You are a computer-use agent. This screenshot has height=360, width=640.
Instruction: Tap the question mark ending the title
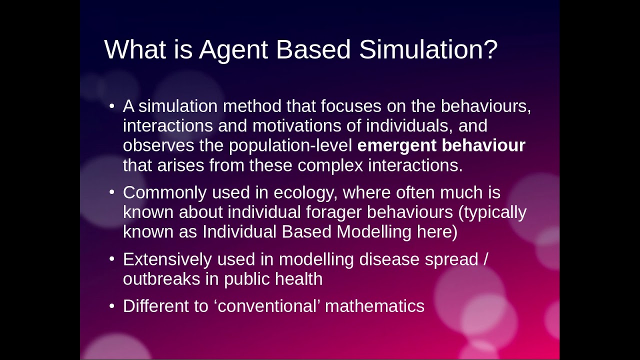click(490, 49)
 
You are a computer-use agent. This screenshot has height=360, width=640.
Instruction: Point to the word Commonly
click(165, 192)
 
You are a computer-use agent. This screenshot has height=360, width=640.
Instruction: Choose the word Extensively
click(167, 259)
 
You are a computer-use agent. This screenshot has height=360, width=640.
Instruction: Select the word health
click(299, 279)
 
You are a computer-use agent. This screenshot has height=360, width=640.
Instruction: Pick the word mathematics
click(374, 306)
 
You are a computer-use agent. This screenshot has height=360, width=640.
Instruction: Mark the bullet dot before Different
click(112, 306)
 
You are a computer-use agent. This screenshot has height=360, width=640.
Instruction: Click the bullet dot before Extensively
click(112, 260)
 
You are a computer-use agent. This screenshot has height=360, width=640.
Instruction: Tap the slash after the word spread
click(485, 259)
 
